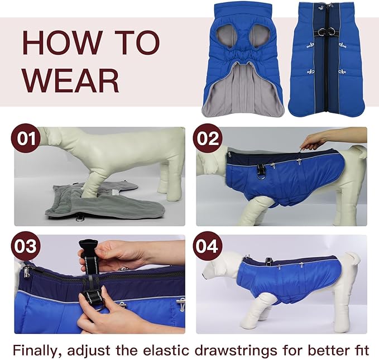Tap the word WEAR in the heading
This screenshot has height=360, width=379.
70,80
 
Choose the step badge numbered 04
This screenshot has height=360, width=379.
208,247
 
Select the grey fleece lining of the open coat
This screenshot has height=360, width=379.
243,89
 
